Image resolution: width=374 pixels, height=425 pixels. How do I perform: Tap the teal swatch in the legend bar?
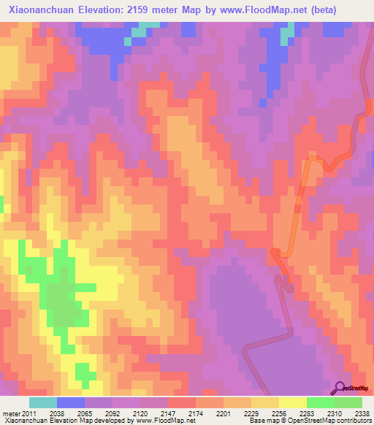(x=43, y=402)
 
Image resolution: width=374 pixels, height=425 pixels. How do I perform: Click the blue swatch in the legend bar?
(x=71, y=402)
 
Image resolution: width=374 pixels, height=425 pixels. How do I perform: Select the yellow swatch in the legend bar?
(x=292, y=402)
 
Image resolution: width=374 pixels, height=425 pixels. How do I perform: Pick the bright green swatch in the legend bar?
(x=320, y=402)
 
